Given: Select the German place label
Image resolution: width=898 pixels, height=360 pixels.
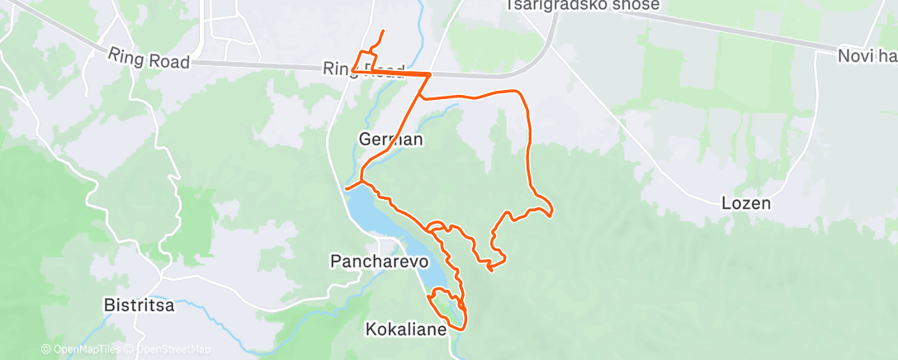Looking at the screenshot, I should point(391,140).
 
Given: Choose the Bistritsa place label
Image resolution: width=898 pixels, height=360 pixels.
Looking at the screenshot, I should point(139,304).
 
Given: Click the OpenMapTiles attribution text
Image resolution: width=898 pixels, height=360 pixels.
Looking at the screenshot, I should point(82,350).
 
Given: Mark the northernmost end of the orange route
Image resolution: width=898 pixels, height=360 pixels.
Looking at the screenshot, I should point(382,31).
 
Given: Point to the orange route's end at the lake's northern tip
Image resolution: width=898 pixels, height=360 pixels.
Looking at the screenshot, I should point(347,189).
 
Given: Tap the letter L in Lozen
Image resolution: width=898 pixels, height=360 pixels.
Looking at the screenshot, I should point(724,202).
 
